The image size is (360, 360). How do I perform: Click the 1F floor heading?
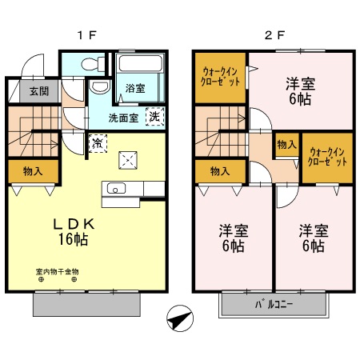86,35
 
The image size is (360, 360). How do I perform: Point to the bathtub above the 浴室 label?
141,65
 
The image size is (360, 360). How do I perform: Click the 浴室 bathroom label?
135,89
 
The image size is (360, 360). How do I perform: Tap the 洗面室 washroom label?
124,118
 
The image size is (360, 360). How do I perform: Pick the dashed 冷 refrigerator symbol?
96,145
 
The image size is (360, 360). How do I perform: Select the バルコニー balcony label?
274,305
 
